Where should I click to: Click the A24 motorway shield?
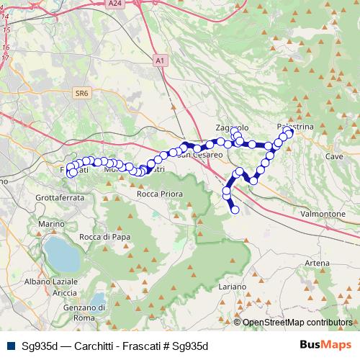(x=115, y=4)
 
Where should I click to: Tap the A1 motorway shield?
(x=159, y=62)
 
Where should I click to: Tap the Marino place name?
(x=53, y=224)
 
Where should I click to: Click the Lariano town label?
(x=232, y=287)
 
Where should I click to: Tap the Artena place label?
(x=316, y=264)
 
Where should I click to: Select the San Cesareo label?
(x=195, y=154)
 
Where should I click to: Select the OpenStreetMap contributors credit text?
(x=297, y=323)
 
